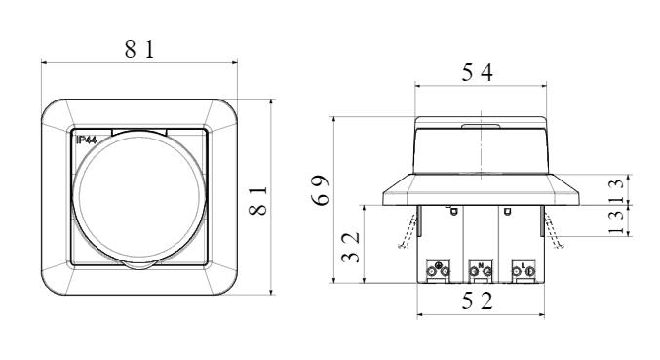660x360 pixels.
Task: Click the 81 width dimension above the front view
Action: (x=139, y=49)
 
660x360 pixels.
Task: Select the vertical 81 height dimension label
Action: (x=258, y=201)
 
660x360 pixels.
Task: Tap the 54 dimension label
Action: (x=478, y=72)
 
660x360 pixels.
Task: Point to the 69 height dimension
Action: (x=321, y=190)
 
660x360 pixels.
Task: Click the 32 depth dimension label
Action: (x=351, y=247)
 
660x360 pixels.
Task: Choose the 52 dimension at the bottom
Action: (x=478, y=301)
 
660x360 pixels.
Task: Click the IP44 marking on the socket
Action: (x=87, y=140)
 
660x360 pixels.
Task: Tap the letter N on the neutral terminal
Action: (x=481, y=265)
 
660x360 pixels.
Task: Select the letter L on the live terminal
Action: (x=523, y=265)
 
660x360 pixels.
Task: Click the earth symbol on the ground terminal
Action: (x=438, y=265)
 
